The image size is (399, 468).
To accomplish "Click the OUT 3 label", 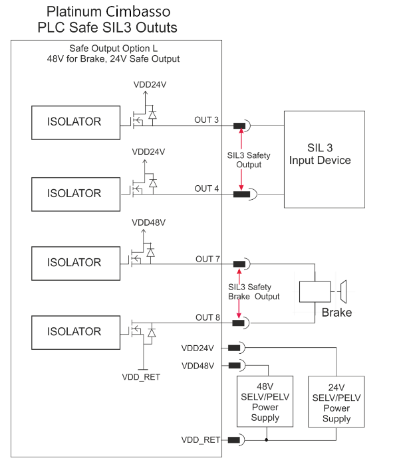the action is [206, 119].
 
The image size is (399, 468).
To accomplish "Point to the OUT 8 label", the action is [207, 317].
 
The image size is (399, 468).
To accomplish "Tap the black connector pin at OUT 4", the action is [241, 195].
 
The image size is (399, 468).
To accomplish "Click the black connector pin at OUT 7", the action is [239, 264].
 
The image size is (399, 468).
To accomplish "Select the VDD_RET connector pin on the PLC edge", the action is [233, 439].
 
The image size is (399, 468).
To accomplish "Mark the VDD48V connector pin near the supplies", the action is [234, 365].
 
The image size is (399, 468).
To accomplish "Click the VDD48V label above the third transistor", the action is [149, 222].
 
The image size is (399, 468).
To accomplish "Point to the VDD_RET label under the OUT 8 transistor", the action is [141, 377].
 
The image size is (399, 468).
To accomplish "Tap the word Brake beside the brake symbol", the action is [336, 313].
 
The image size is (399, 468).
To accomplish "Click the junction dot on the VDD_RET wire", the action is [266, 439].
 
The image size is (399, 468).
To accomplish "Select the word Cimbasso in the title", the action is [138, 12].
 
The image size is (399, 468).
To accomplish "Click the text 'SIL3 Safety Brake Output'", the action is [253, 291].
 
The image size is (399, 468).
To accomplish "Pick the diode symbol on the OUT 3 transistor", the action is [152, 115].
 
